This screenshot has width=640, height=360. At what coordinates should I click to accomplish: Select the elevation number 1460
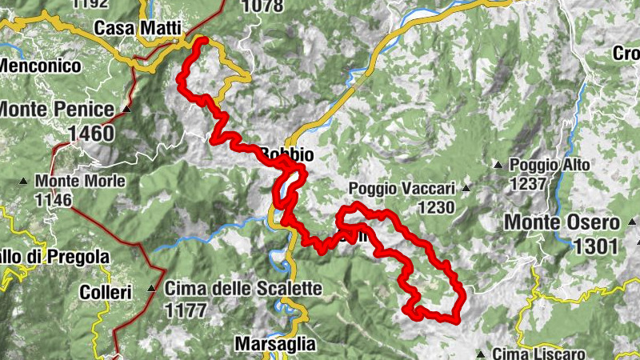pyautogui.click(x=91, y=133)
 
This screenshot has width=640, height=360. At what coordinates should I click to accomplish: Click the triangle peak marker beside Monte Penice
pyautogui.click(x=126, y=108)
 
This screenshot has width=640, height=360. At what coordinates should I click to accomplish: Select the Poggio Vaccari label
pyautogui.click(x=402, y=189)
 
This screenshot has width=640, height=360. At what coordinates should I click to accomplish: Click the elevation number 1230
pyautogui.click(x=434, y=208)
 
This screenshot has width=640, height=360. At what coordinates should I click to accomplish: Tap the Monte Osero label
pyautogui.click(x=561, y=222)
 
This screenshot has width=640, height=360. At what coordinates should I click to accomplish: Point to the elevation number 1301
pyautogui.click(x=596, y=246)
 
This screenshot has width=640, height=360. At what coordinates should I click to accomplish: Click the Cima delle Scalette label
pyautogui.click(x=243, y=288)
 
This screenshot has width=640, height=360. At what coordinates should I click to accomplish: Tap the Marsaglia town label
pyautogui.click(x=275, y=345)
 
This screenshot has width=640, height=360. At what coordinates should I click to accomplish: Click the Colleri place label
pyautogui.click(x=105, y=293)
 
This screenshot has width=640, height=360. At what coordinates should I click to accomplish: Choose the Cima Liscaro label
pyautogui.click(x=539, y=353)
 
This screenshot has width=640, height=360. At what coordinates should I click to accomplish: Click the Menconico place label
pyautogui.click(x=42, y=66)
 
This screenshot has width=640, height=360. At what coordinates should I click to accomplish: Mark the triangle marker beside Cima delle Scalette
pyautogui.click(x=151, y=288)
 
